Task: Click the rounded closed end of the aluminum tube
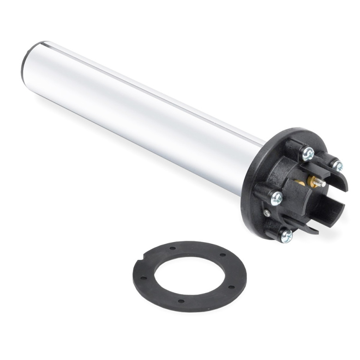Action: point(29,63)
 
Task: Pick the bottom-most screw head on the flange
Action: point(286,235)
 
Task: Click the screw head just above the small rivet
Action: point(276,198)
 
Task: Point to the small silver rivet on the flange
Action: point(267,213)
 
